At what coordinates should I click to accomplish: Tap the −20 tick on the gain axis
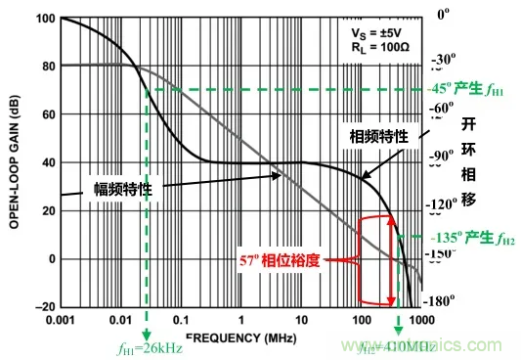click(x=43, y=307)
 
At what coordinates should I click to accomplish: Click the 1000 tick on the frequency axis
click(x=421, y=320)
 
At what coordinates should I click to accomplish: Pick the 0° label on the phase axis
click(x=444, y=15)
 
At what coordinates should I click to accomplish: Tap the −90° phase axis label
click(x=443, y=156)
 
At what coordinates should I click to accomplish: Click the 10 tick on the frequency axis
click(x=302, y=320)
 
